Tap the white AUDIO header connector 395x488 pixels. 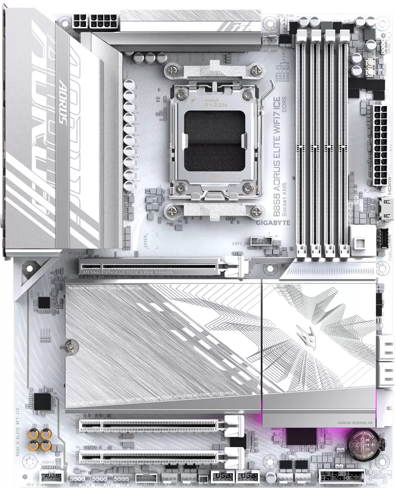click(x=52, y=476)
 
